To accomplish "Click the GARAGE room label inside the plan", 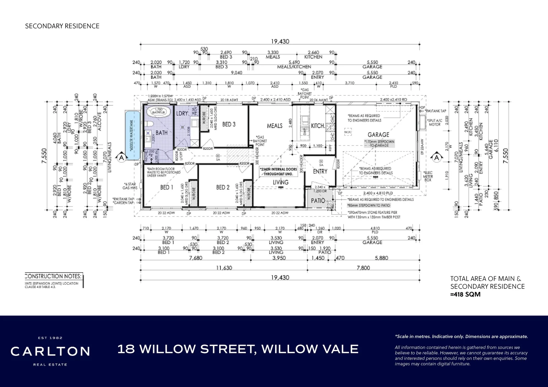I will (x=378, y=135).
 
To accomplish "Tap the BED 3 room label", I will (x=229, y=124).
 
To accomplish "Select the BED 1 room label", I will (x=166, y=187).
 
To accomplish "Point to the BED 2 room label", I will (x=223, y=187).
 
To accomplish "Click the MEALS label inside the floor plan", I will (x=274, y=126).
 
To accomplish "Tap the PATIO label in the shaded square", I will (x=318, y=201).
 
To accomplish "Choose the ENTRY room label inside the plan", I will (x=320, y=172).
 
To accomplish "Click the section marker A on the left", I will (x=122, y=157).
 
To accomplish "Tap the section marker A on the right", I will (x=436, y=157).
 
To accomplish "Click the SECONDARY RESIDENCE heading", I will (x=62, y=26).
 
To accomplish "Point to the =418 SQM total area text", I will (x=465, y=295).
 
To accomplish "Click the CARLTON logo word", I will (x=50, y=352).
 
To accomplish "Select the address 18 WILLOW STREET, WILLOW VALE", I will (x=238, y=349).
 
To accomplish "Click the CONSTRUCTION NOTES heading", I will (x=53, y=276).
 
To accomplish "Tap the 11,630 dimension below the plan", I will (x=224, y=268).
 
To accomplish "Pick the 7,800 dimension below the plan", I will (x=363, y=268).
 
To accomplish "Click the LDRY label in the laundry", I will (x=182, y=113).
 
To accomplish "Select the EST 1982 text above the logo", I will (x=50, y=338).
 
